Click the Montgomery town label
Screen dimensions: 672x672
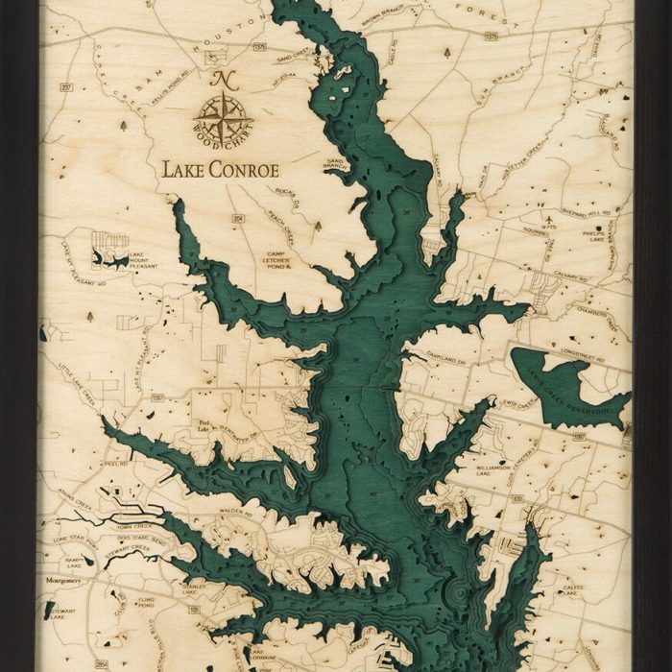point(61,581)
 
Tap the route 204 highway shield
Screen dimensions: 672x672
point(236,219)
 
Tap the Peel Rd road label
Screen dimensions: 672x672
point(116,462)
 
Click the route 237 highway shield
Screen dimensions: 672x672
point(66,88)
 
